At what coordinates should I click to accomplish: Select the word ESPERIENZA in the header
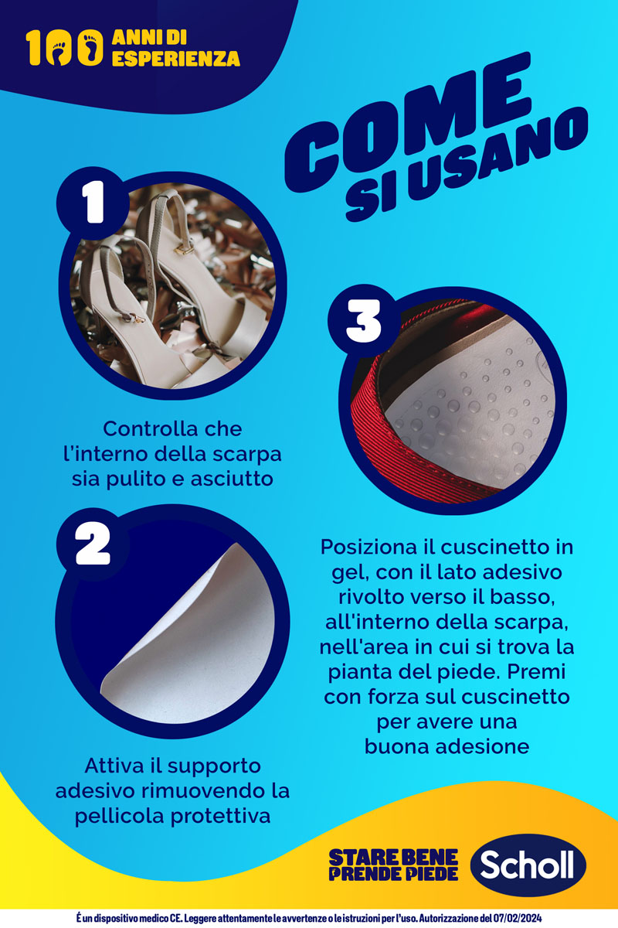click(175, 59)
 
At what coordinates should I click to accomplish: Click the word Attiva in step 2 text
click(114, 766)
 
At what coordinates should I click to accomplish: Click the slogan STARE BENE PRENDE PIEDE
click(393, 865)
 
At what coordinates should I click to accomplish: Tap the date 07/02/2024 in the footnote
click(515, 917)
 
